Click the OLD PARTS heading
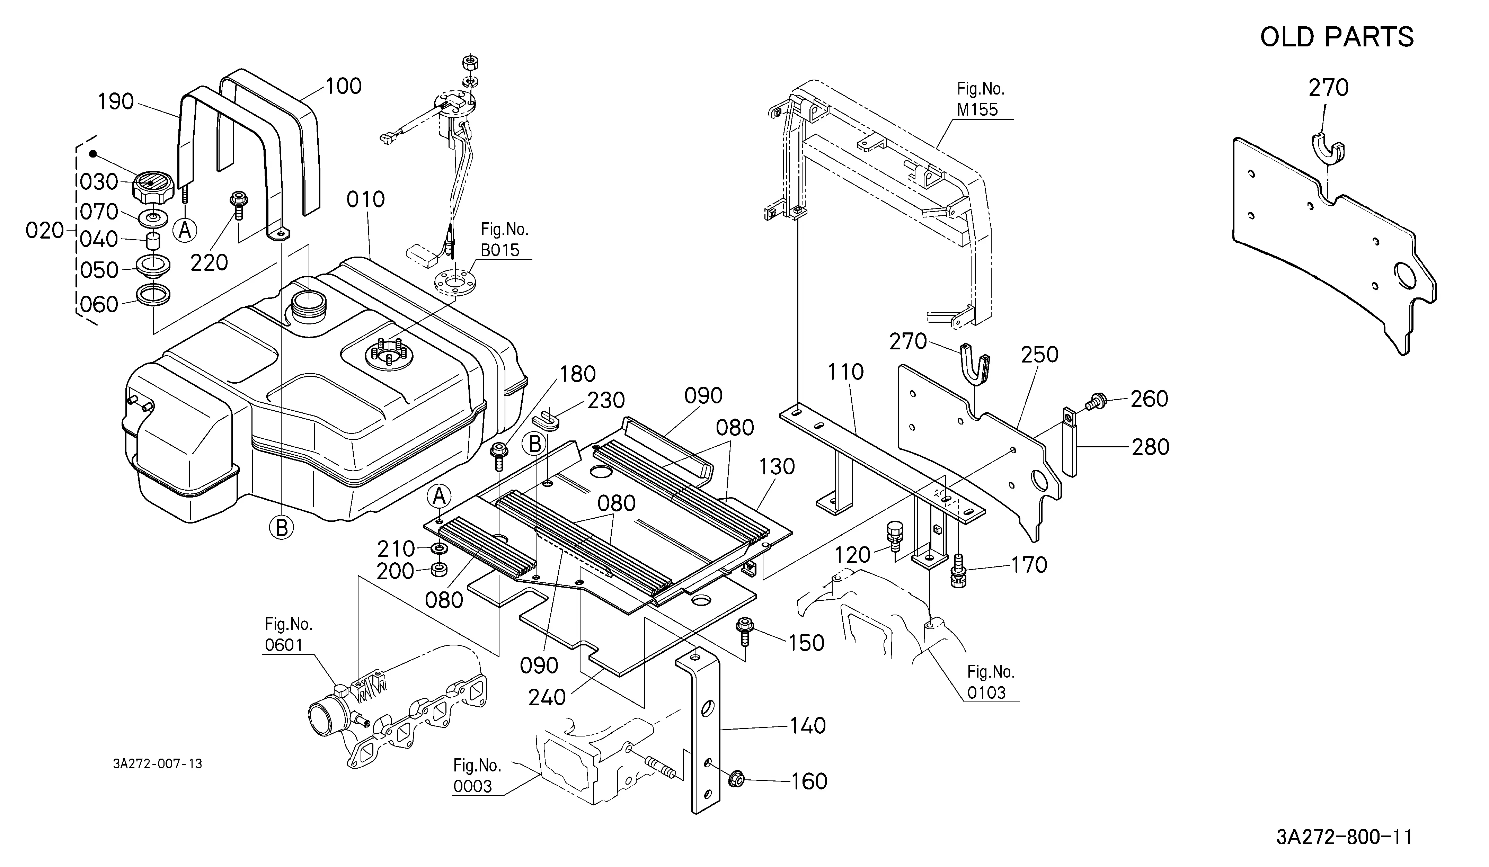(1337, 37)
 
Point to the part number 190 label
(116, 101)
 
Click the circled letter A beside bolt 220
(185, 230)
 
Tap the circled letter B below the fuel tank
(282, 527)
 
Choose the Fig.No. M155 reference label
(981, 99)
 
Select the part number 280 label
(1150, 447)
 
